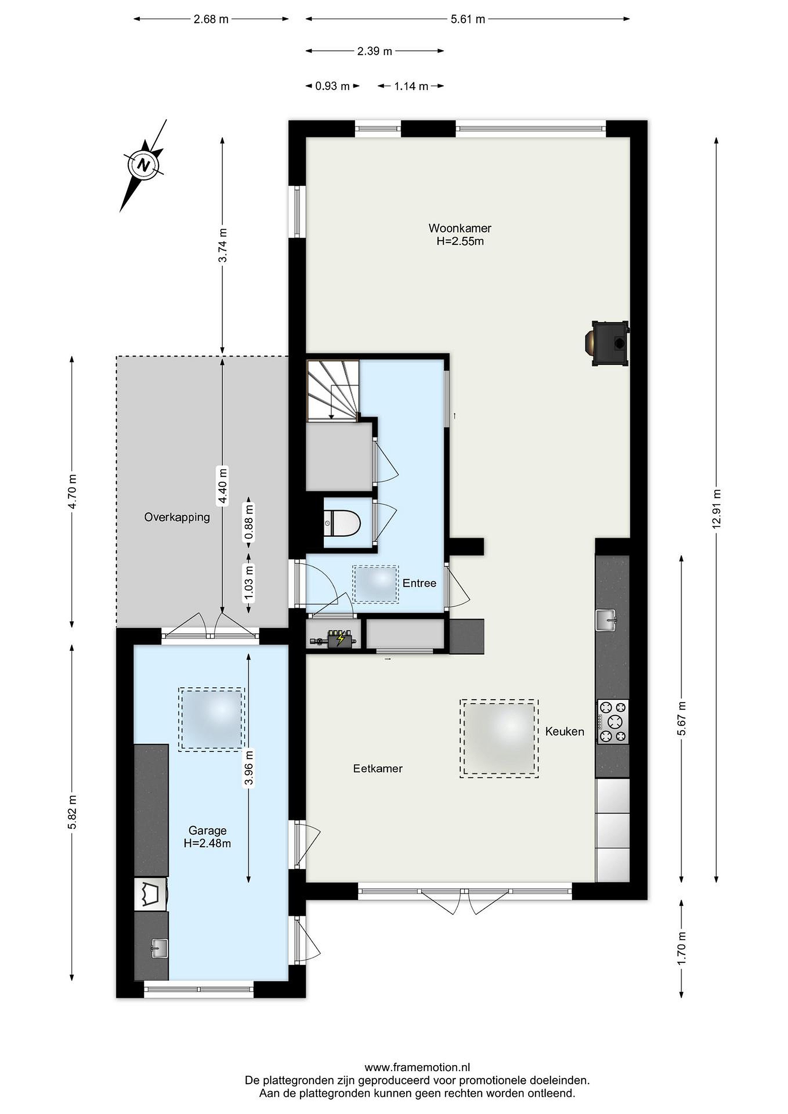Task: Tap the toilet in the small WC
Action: [343, 523]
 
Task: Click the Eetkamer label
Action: [378, 769]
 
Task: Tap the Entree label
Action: [419, 583]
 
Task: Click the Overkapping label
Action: [177, 517]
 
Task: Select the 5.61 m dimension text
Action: [468, 19]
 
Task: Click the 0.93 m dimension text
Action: [332, 86]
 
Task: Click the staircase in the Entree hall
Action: [333, 390]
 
